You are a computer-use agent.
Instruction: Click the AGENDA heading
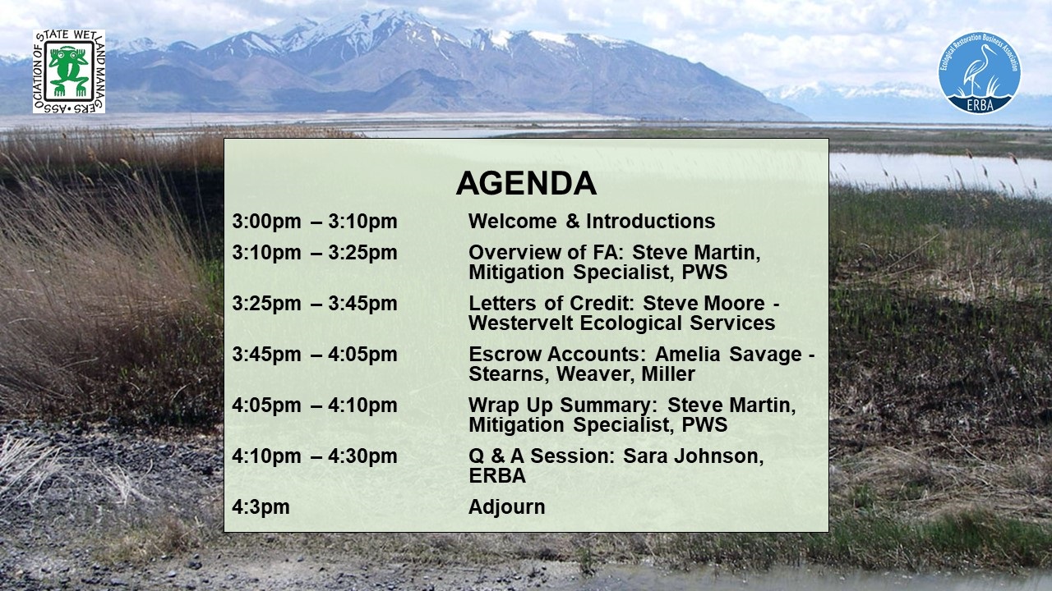tap(526, 183)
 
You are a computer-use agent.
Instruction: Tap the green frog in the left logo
tap(69, 71)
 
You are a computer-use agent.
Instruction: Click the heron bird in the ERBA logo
tap(978, 71)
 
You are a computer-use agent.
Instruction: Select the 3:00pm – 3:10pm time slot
tap(315, 222)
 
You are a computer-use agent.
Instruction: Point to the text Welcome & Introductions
tap(592, 222)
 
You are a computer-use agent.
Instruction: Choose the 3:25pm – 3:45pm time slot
tap(315, 304)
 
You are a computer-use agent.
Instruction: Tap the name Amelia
tap(687, 354)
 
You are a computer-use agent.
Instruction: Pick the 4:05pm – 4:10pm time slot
tap(315, 405)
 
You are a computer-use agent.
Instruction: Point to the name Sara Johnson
tap(693, 456)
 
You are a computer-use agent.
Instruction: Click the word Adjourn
tap(507, 507)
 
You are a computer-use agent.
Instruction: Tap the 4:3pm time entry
tap(261, 507)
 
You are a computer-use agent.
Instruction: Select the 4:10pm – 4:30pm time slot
tap(315, 456)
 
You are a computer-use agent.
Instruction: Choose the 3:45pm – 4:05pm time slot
tap(315, 354)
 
